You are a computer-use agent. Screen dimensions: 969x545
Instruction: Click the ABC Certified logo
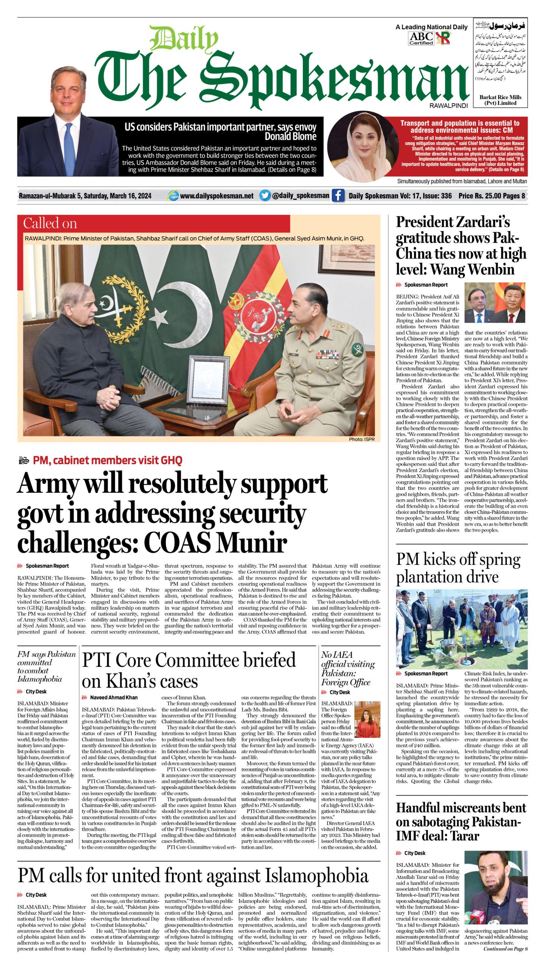tap(421, 38)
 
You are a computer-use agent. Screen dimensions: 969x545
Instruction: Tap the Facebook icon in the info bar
tap(338, 195)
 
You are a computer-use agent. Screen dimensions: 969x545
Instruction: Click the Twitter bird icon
tap(265, 195)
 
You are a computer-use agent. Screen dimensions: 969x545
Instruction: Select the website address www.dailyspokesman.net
tap(216, 196)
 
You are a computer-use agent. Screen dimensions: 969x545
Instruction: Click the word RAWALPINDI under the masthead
tap(448, 106)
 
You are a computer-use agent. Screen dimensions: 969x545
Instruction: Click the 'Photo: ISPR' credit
tap(361, 439)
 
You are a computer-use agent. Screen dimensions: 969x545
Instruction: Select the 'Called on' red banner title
tap(50, 223)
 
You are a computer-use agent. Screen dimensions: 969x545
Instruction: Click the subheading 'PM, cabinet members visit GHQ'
tap(107, 460)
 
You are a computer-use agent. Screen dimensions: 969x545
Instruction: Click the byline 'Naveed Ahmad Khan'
tap(114, 697)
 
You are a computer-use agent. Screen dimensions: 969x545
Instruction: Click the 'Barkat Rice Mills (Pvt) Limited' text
tap(500, 100)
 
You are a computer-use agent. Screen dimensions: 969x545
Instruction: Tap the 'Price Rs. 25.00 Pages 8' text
tap(492, 196)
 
